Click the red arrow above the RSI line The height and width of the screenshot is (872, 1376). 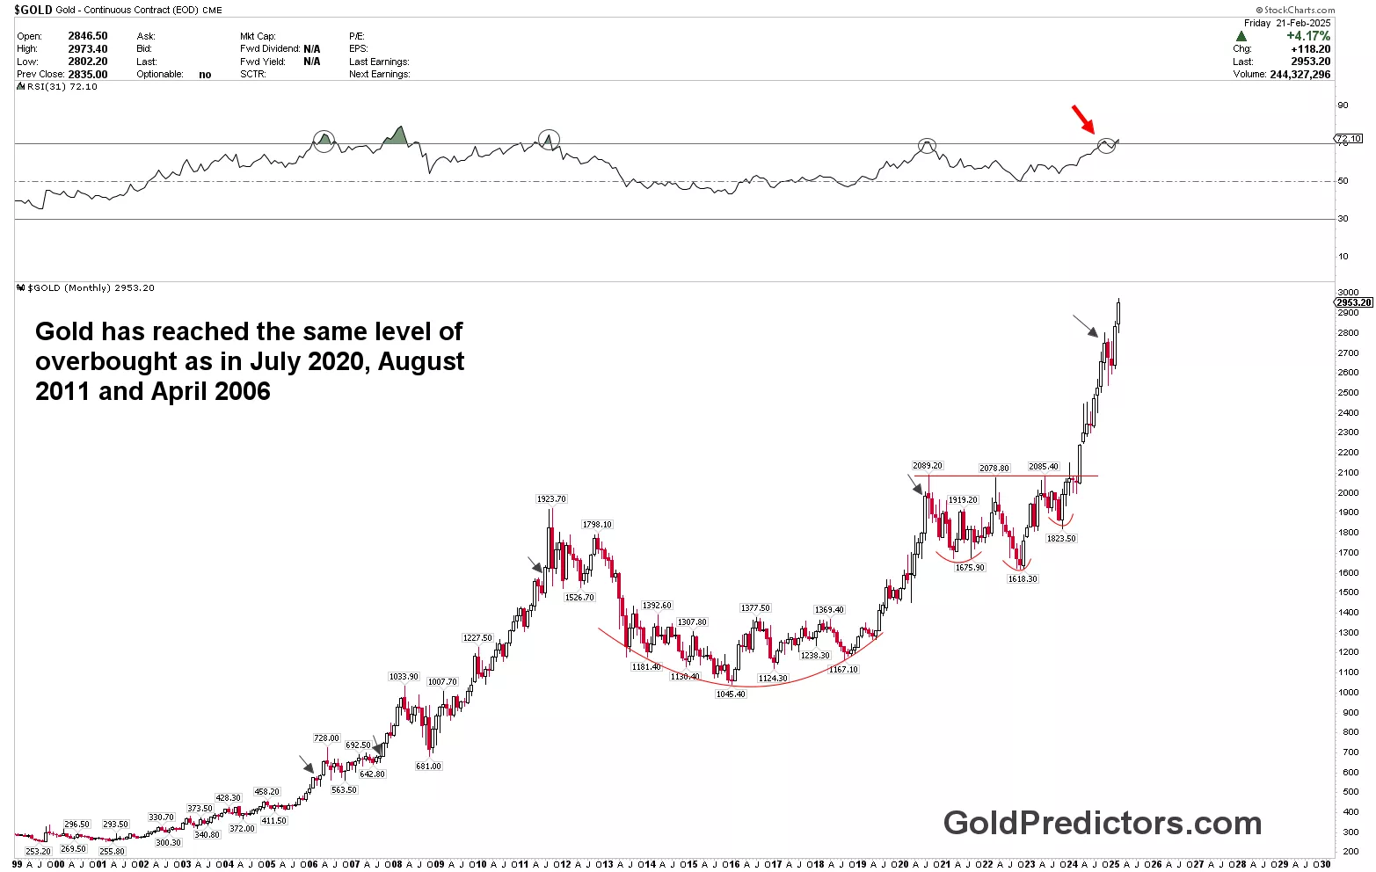pyautogui.click(x=1084, y=119)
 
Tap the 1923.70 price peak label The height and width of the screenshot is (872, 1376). pyautogui.click(x=551, y=499)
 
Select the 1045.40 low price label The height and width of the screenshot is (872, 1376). pyautogui.click(x=731, y=694)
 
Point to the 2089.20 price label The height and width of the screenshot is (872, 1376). pyautogui.click(x=928, y=466)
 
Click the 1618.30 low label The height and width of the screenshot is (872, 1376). pyautogui.click(x=1023, y=579)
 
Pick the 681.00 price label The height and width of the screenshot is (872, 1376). pyautogui.click(x=428, y=767)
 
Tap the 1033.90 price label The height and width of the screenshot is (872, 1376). pyautogui.click(x=404, y=677)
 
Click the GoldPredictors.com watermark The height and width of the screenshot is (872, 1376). pyautogui.click(x=1103, y=824)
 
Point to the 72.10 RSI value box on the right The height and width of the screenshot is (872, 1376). pyautogui.click(x=1349, y=139)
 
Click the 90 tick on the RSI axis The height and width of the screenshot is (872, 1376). pyautogui.click(x=1343, y=105)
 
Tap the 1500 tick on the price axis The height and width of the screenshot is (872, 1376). pyautogui.click(x=1347, y=592)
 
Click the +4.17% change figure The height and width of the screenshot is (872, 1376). pyautogui.click(x=1308, y=36)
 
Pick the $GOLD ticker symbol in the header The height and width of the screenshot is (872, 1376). pyautogui.click(x=33, y=11)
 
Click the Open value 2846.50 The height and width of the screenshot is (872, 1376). pyautogui.click(x=88, y=36)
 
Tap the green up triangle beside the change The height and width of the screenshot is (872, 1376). pyautogui.click(x=1241, y=36)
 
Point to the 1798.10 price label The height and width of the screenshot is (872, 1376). pyautogui.click(x=597, y=525)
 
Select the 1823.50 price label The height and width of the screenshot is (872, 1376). pyautogui.click(x=1061, y=539)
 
